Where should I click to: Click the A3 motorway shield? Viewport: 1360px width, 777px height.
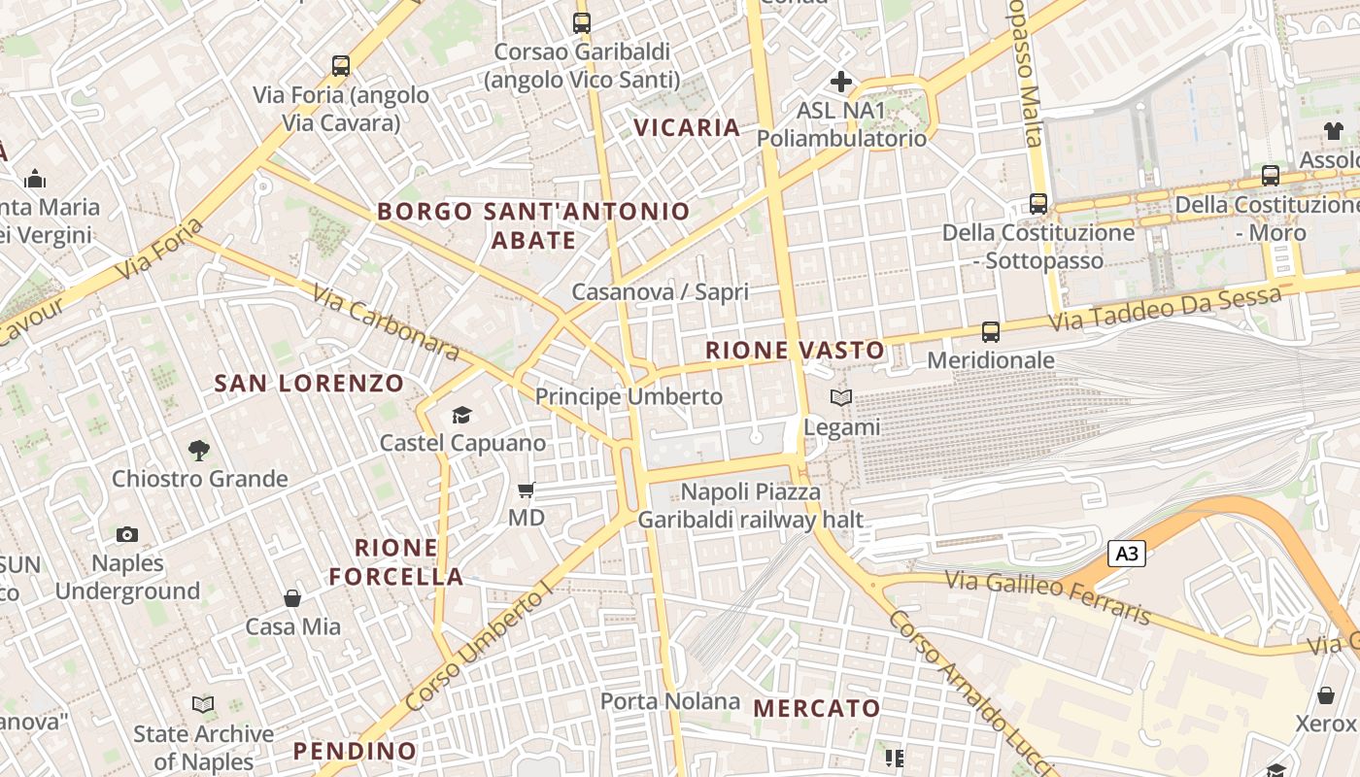pos(1127,554)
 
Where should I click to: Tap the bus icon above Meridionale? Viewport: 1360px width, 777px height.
pos(990,332)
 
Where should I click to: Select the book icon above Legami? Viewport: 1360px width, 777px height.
pos(840,397)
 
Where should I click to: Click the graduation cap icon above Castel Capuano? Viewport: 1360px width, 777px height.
pos(461,415)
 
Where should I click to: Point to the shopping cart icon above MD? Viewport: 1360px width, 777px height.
pos(527,490)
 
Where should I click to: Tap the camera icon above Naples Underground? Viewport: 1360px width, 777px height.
pos(126,534)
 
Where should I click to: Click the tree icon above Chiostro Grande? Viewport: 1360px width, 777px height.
pos(199,450)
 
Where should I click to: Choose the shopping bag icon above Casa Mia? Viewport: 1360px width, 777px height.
pos(292,597)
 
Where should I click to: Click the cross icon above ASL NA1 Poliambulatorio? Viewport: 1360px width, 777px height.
pos(841,82)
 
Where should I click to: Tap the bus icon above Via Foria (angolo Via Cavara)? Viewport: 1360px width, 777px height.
pos(340,66)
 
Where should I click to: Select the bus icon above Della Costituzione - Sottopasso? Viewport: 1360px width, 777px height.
pos(1038,204)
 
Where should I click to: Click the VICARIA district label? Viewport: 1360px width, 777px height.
pos(687,127)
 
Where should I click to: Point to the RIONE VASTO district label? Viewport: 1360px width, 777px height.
pos(795,351)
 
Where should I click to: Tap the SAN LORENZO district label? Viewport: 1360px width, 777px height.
pos(308,384)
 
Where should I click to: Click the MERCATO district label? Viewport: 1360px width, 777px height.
pos(816,708)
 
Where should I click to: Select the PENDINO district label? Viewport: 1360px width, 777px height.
pos(355,751)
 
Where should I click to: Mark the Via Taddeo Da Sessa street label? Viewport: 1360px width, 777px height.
pos(1166,309)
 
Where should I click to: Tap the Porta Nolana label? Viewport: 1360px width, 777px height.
pos(669,701)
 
